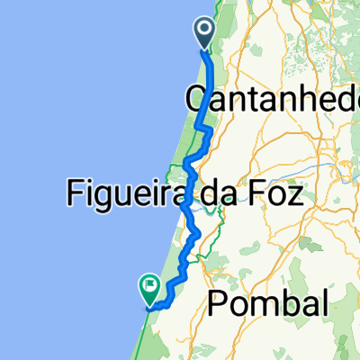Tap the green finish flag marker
tap(148, 289)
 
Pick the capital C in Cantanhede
tap(194, 99)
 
